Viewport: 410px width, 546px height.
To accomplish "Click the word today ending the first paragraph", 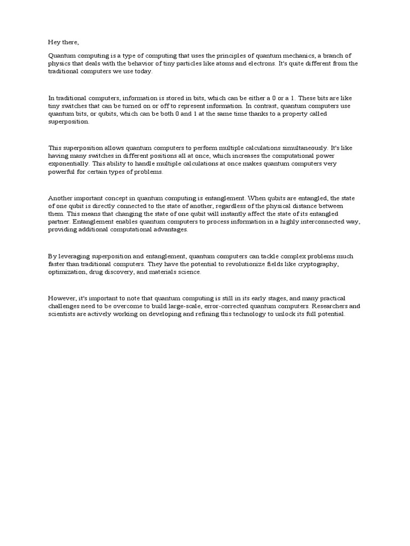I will click(x=143, y=71).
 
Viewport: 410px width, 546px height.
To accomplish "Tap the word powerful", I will click(x=60, y=172).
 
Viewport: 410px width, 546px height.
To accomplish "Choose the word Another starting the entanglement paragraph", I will click(x=61, y=198).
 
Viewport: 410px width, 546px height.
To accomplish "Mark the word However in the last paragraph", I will click(x=62, y=299).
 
